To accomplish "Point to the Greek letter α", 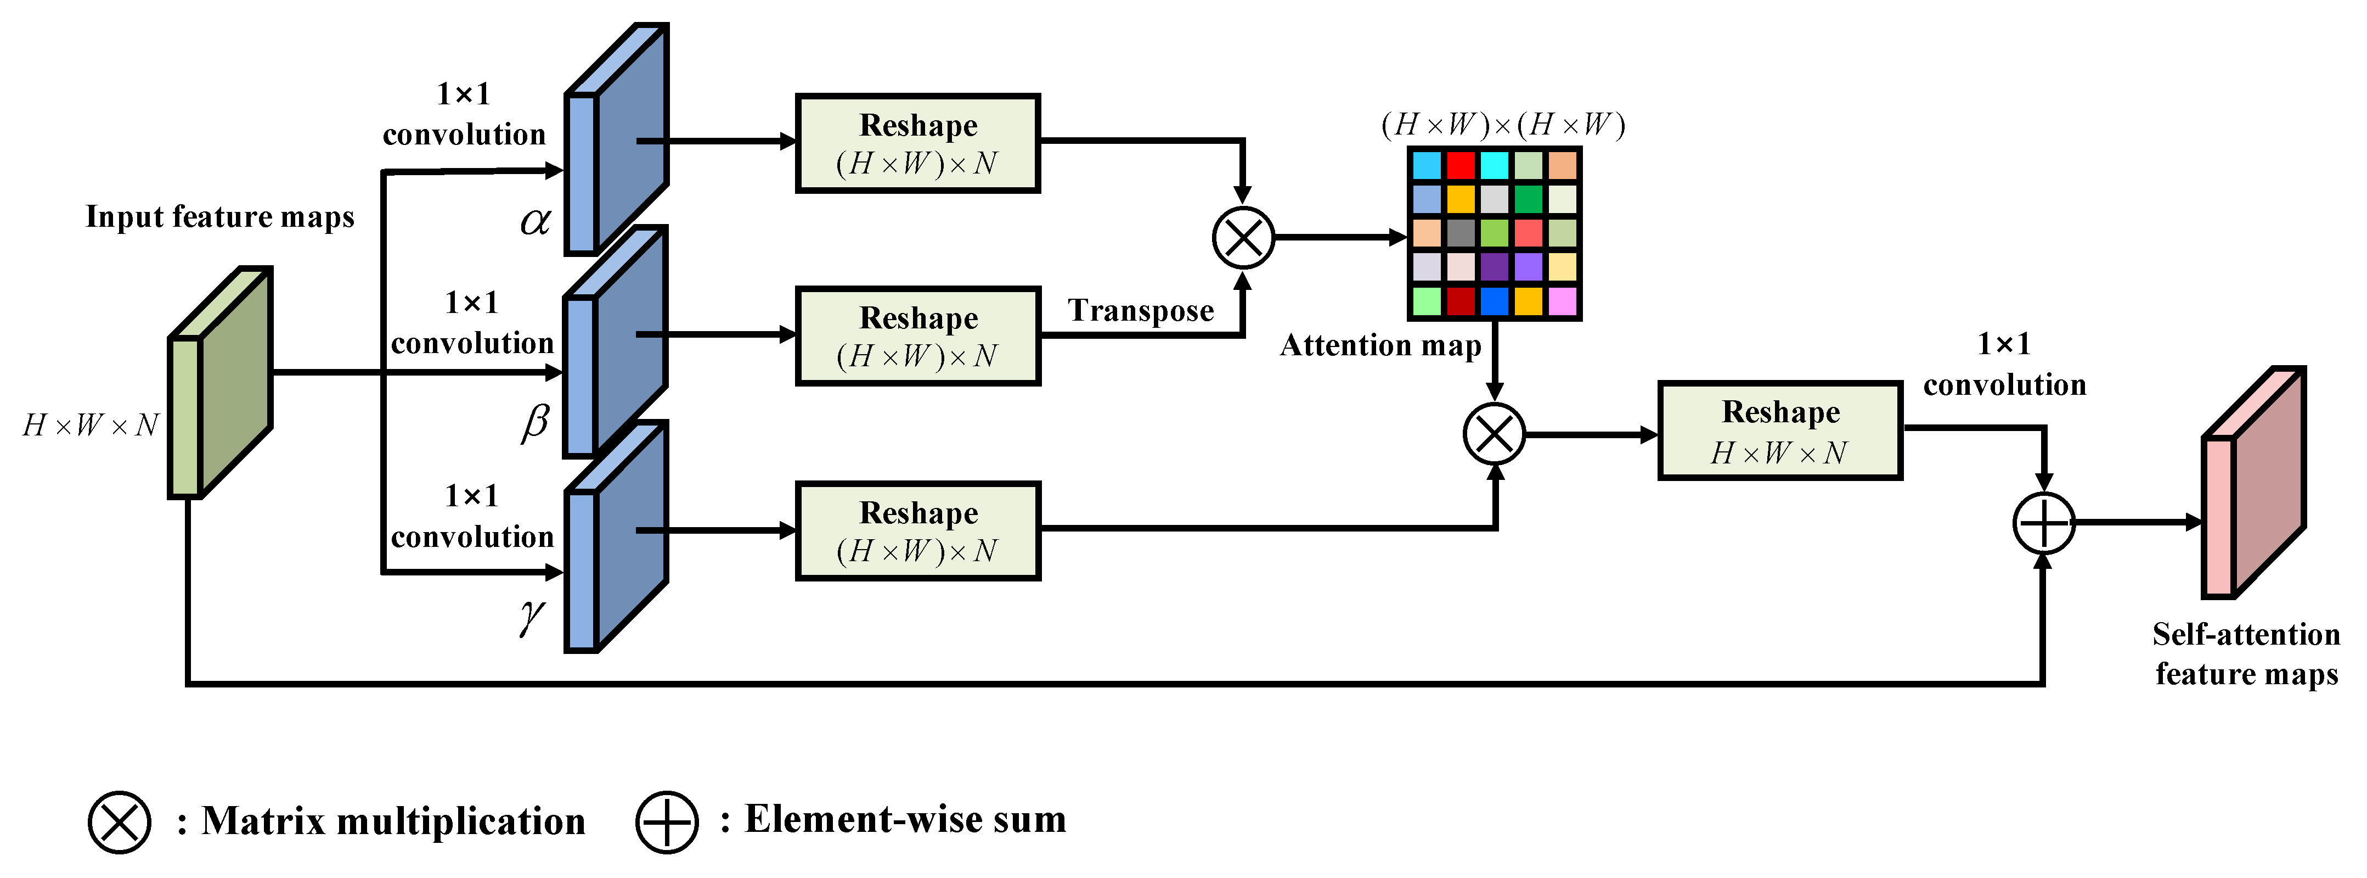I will point(535,221).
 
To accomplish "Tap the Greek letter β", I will point(535,422).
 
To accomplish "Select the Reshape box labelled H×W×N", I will point(1780,431).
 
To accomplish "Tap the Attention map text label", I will point(1380,346).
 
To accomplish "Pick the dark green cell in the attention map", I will point(1528,199).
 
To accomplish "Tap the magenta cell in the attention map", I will point(1562,301).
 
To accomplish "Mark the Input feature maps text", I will point(219,217).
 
